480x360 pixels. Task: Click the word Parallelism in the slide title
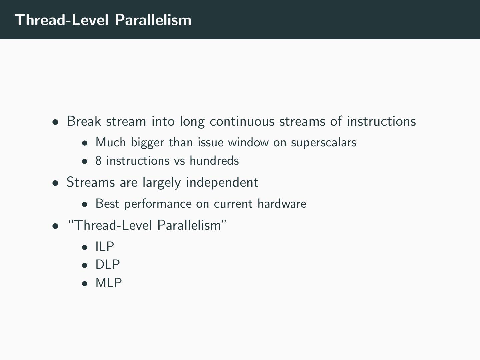pos(153,20)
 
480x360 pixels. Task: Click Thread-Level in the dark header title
pos(61,20)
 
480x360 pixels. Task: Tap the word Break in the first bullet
pos(84,121)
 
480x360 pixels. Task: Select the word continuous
pos(242,121)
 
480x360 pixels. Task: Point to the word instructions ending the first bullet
pos(381,121)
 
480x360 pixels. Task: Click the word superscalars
pos(324,143)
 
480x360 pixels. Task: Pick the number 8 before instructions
pos(98,161)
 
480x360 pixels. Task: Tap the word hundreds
pos(214,160)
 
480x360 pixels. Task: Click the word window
pos(248,142)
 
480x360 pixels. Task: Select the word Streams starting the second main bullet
pos(91,182)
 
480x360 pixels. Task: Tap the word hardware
pos(282,203)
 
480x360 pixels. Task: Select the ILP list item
pos(105,246)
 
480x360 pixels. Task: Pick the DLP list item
pos(108,264)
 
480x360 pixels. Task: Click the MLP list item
pos(109,283)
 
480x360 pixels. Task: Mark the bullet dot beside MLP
pos(85,284)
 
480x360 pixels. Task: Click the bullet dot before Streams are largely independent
pos(55,183)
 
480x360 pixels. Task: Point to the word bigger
pos(147,143)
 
